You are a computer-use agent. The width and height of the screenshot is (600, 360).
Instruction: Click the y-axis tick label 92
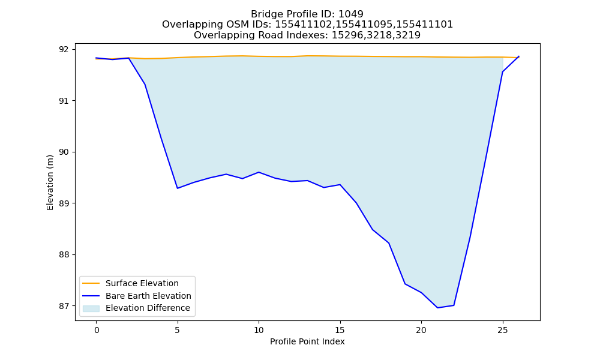(x=65, y=49)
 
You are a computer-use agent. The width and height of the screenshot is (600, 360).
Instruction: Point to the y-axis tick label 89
(x=65, y=203)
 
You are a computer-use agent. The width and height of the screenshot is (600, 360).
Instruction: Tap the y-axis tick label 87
(x=65, y=306)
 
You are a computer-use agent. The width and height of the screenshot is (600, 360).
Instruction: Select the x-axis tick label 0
(x=97, y=330)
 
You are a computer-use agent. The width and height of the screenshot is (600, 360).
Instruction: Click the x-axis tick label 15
(x=340, y=330)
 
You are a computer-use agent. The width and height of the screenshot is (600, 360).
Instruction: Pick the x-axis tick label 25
(x=503, y=330)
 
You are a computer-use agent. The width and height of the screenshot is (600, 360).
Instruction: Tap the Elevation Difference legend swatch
(x=91, y=308)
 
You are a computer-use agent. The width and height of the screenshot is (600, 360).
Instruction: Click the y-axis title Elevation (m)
(x=50, y=182)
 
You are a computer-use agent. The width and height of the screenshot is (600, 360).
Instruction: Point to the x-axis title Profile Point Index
(x=307, y=341)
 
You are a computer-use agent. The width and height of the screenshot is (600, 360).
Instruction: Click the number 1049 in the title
(x=350, y=14)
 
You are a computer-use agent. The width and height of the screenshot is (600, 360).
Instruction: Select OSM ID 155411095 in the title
(x=364, y=25)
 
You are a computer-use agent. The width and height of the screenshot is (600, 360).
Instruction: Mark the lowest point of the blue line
(x=438, y=308)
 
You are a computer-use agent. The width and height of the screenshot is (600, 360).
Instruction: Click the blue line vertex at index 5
(x=178, y=188)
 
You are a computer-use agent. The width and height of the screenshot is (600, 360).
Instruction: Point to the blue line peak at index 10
(x=259, y=172)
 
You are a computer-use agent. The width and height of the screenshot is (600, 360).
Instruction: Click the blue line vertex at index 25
(x=502, y=72)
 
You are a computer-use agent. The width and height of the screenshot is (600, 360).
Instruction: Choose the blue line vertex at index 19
(x=405, y=284)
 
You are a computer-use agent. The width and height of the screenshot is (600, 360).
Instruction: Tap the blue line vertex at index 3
(x=145, y=85)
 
